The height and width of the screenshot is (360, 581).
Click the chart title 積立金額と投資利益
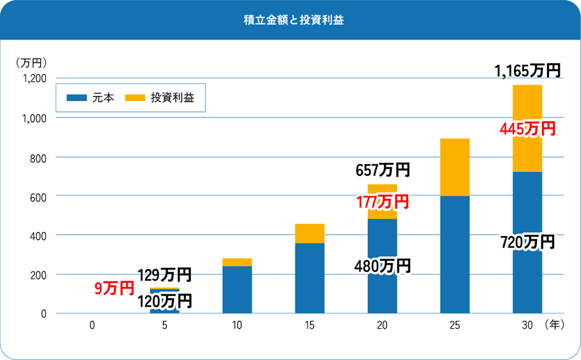click(x=290, y=21)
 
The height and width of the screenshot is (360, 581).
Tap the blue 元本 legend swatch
click(x=77, y=98)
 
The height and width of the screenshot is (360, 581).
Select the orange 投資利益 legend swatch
click(x=135, y=98)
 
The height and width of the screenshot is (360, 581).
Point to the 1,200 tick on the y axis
click(x=35, y=79)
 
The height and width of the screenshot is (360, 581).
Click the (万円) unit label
click(x=31, y=61)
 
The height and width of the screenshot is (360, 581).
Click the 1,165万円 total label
click(x=527, y=71)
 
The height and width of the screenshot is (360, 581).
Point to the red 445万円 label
click(x=527, y=129)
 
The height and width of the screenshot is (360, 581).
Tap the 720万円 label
click(x=527, y=242)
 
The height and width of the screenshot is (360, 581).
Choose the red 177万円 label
click(x=383, y=202)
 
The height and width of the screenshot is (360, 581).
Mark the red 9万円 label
click(x=115, y=288)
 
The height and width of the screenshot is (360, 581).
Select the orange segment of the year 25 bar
click(x=455, y=167)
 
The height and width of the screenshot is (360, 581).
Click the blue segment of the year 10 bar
click(x=237, y=289)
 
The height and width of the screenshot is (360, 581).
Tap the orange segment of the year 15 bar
click(x=309, y=233)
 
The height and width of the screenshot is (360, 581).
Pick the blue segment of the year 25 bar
click(x=455, y=254)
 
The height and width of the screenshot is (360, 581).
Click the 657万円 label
click(x=383, y=169)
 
